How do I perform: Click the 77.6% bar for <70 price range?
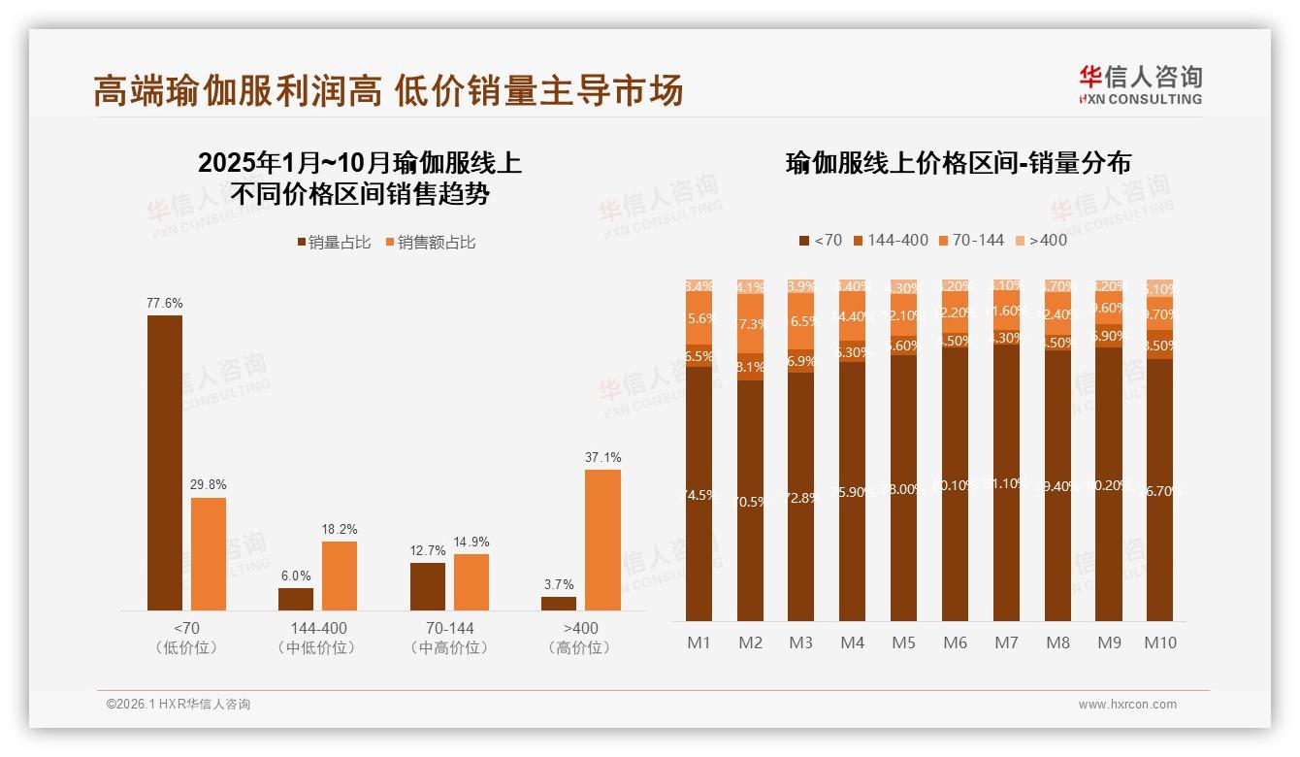point(164,463)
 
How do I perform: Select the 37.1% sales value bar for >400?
point(602,540)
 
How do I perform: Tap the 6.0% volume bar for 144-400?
point(296,599)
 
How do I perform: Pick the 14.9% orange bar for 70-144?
point(471,581)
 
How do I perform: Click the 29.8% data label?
point(209,484)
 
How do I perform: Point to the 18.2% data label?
point(340,529)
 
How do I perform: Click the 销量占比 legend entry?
point(334,243)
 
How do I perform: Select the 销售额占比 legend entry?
point(431,243)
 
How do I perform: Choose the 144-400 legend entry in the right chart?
point(890,240)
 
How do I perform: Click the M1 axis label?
point(699,642)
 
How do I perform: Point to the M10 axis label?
point(1159,642)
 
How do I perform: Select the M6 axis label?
point(956,642)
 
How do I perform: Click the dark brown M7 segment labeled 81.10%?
point(1006,482)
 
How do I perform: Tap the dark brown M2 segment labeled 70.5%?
point(750,501)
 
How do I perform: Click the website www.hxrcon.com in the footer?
point(1126,705)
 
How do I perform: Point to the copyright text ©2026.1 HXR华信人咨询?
point(179,705)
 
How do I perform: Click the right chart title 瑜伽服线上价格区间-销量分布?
point(958,163)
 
